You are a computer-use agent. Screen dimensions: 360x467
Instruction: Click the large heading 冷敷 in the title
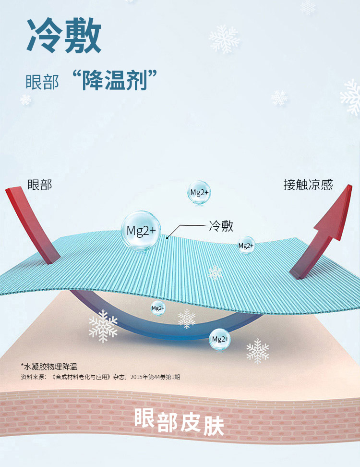63,36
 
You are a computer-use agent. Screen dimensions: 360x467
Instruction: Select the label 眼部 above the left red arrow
40,184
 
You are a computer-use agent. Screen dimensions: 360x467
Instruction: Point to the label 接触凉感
308,184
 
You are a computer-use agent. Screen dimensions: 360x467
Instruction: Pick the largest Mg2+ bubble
141,231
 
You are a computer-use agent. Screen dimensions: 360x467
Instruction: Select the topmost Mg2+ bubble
199,193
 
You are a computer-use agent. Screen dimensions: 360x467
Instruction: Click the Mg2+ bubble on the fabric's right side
246,246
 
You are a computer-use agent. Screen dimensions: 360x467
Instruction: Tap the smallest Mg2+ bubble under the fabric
158,308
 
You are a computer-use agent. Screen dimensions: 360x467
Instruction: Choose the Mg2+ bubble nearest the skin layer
220,339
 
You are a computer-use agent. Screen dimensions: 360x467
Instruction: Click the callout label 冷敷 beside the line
221,226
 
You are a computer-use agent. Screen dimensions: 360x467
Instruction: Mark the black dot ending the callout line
167,237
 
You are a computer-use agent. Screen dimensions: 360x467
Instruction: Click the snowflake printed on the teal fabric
215,272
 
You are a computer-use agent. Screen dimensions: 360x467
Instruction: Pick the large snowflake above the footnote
103,326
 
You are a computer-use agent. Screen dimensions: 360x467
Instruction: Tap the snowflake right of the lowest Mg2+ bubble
258,351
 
